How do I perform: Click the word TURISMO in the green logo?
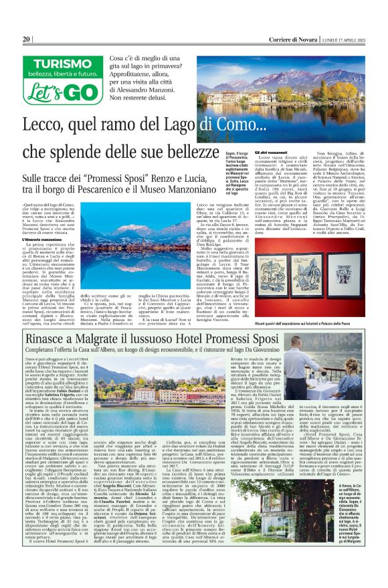52,63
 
